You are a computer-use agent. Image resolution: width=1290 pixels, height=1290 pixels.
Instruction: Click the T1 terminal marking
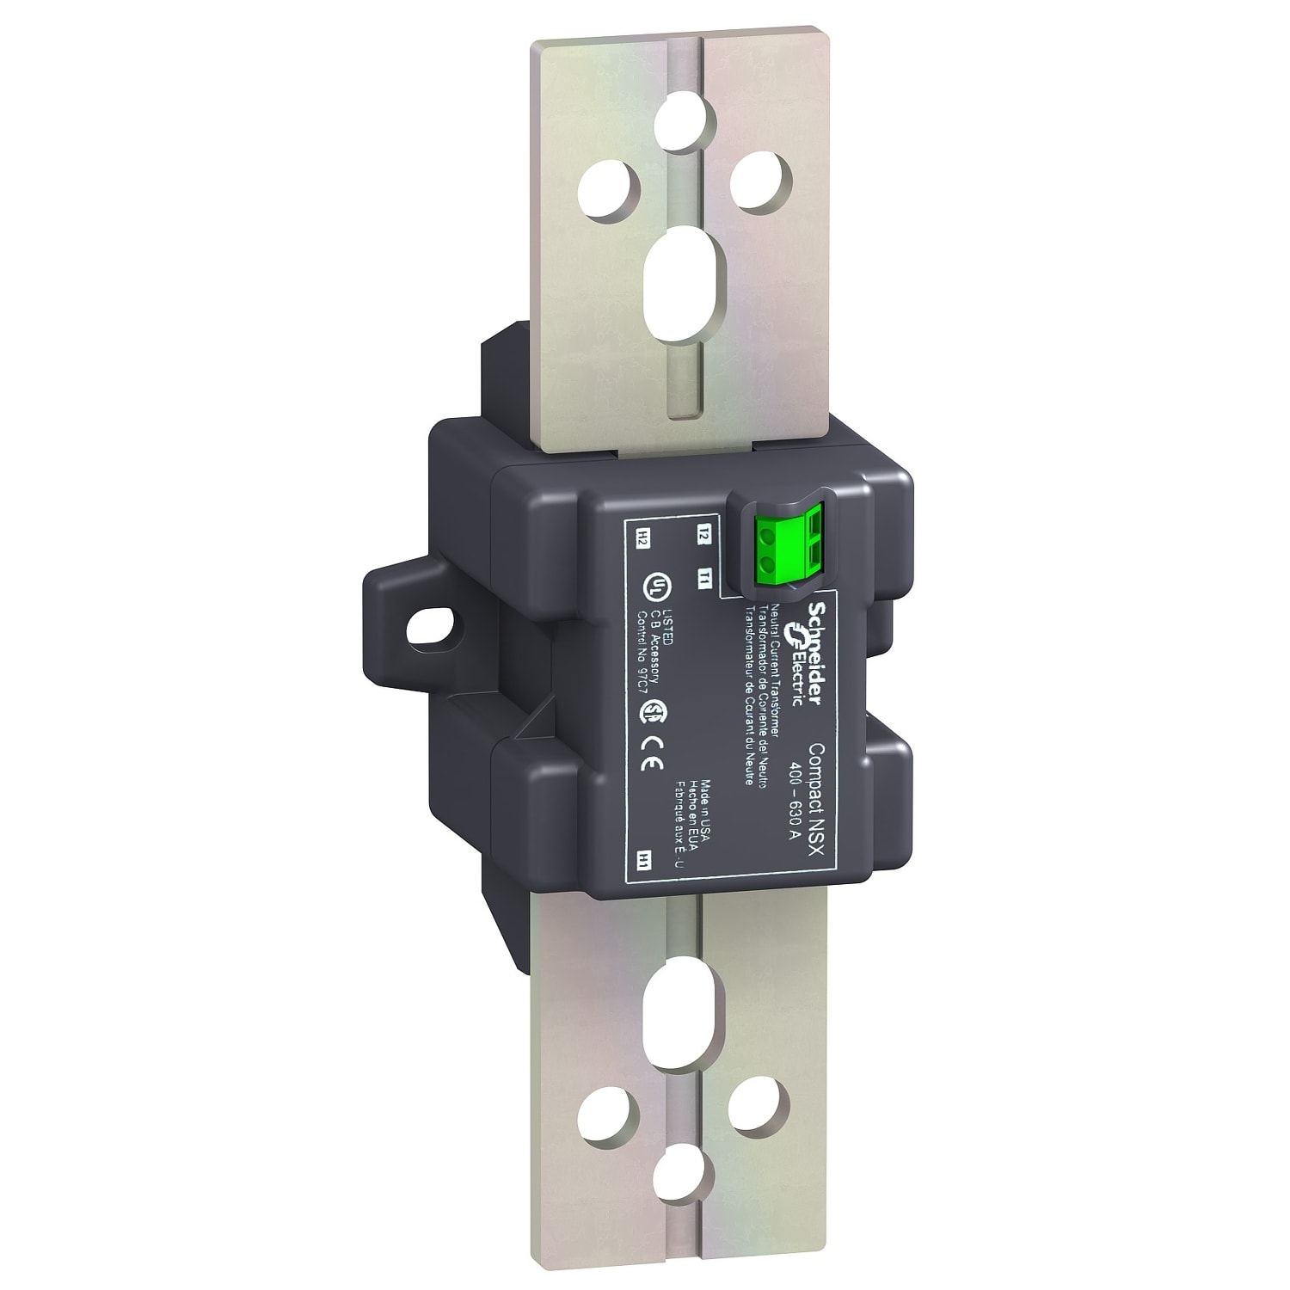(703, 579)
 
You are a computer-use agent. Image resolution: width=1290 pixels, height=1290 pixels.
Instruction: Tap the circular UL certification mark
(655, 587)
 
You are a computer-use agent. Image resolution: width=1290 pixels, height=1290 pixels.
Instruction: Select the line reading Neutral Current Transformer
(776, 671)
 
